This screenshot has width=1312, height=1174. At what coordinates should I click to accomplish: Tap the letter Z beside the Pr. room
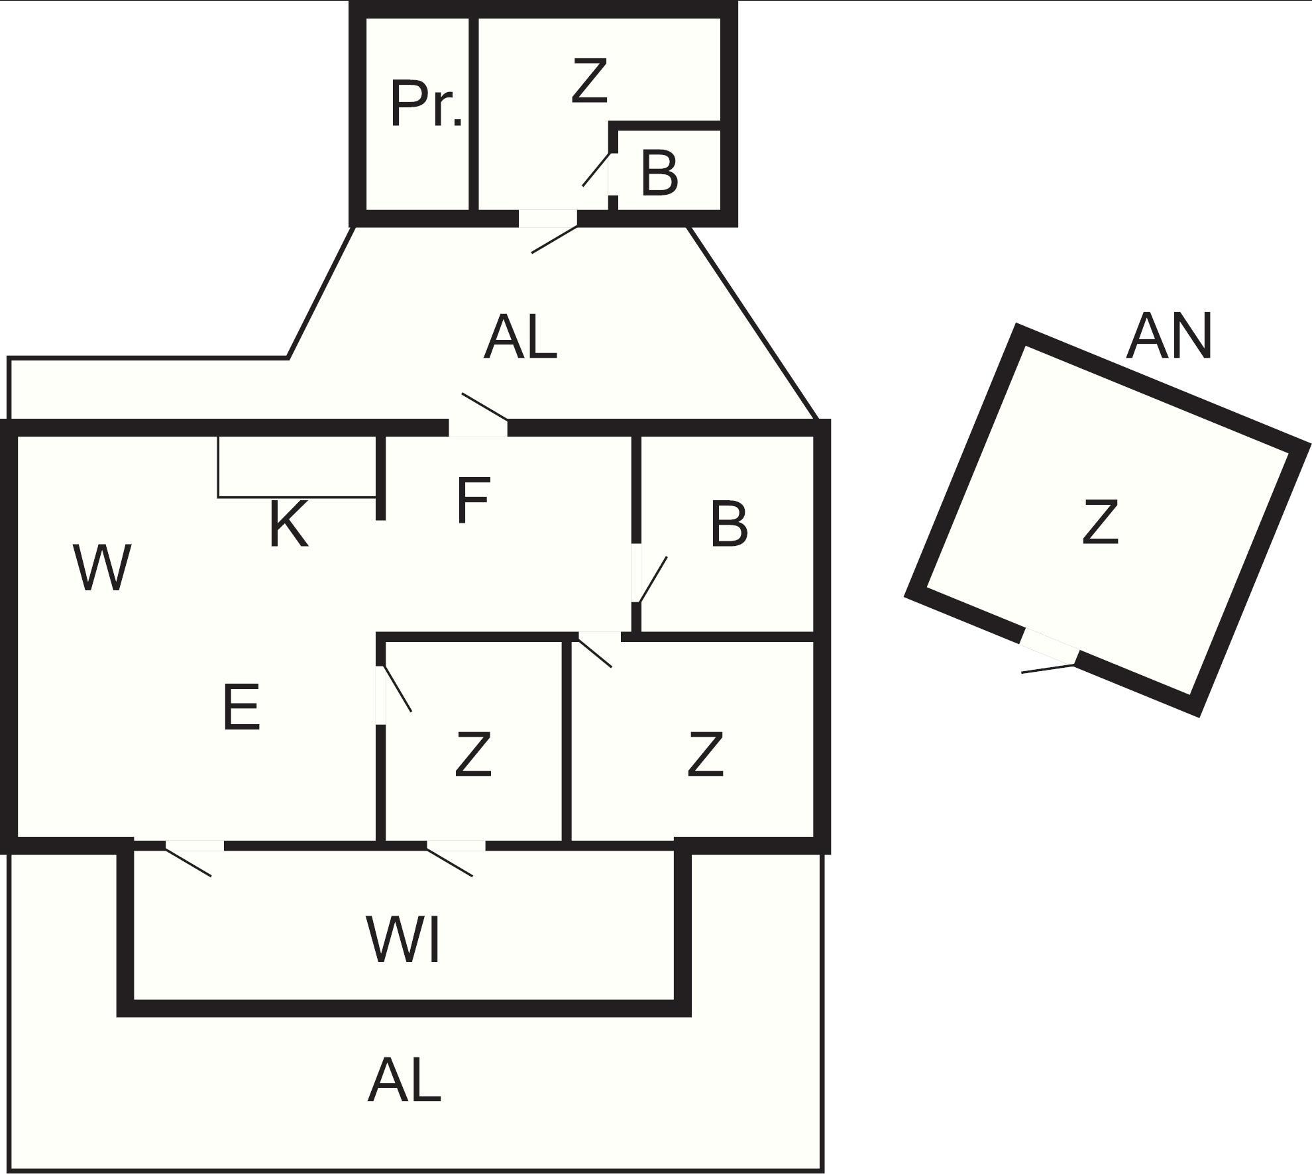pos(589,81)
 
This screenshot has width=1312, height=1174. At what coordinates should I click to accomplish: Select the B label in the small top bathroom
pos(659,174)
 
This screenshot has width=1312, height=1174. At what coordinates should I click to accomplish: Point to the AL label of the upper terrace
pos(520,338)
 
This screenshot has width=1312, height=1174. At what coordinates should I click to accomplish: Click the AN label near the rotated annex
pos(1169,337)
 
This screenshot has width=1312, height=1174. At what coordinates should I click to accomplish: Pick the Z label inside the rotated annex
pos(1100,523)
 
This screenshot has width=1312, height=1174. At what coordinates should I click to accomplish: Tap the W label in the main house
pos(101,568)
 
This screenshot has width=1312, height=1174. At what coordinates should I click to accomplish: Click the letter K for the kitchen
pos(289,525)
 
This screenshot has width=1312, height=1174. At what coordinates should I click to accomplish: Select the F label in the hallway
pos(473,500)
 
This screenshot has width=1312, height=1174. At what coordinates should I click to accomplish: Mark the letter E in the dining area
pos(241,708)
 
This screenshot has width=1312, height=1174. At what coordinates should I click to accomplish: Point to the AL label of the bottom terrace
pos(404,1080)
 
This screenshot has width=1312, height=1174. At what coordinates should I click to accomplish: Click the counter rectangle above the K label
pos(297,466)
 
